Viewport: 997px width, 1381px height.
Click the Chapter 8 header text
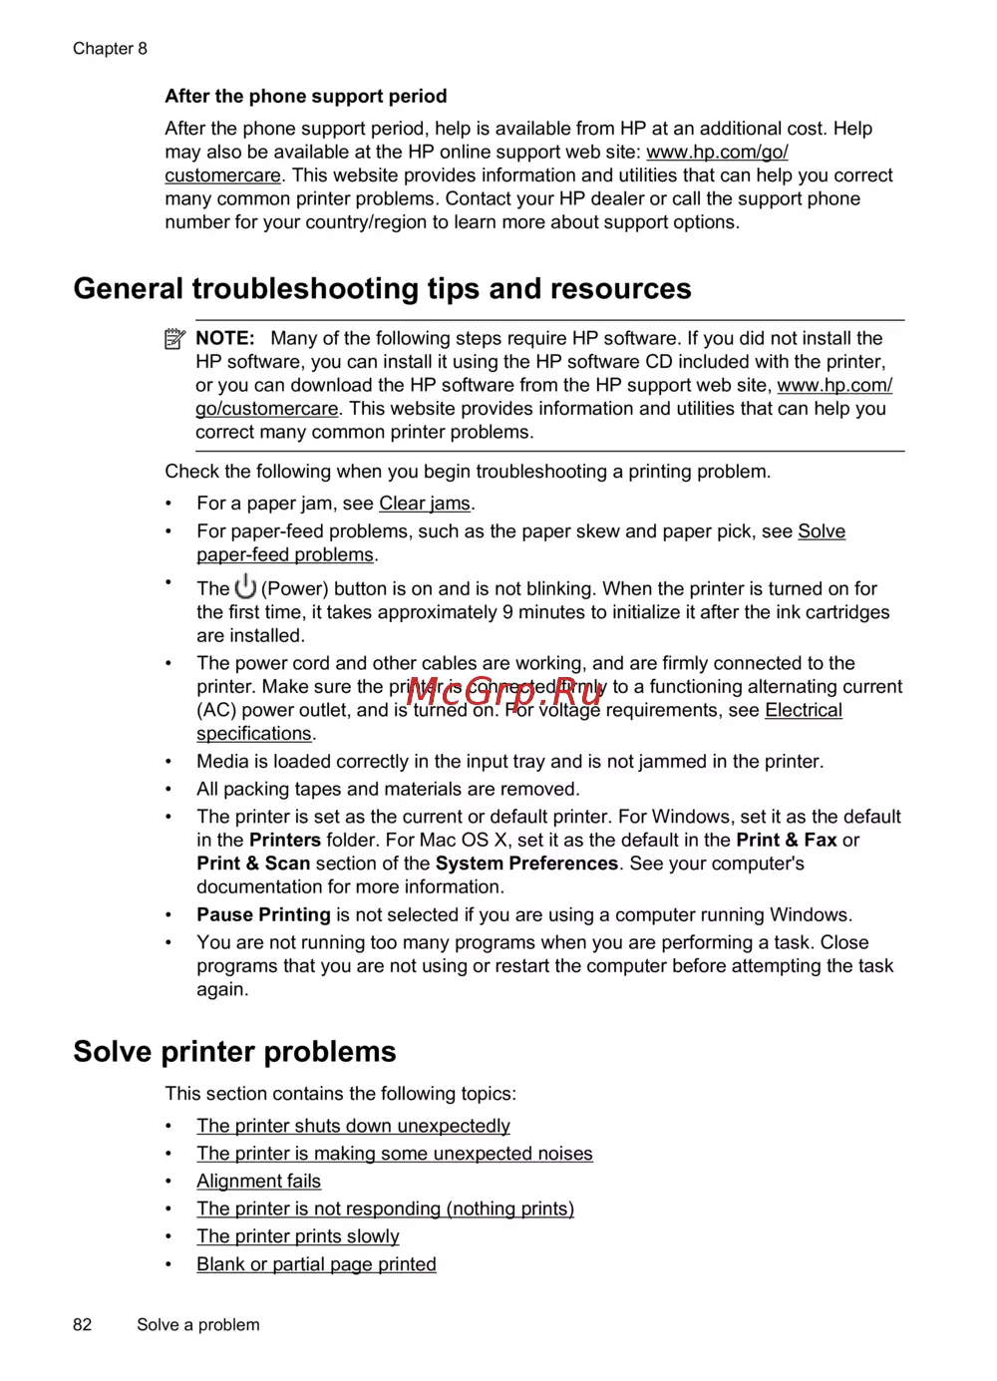point(110,48)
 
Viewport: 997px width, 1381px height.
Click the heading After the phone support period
point(305,96)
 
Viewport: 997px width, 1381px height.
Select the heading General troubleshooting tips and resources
point(382,288)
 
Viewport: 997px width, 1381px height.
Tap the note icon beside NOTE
point(174,339)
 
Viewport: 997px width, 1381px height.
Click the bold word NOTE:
point(225,338)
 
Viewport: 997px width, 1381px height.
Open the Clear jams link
point(424,504)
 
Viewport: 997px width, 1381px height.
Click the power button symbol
point(245,586)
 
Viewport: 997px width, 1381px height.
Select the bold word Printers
point(285,840)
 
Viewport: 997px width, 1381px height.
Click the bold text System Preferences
point(526,863)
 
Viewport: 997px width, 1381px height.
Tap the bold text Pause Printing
point(263,914)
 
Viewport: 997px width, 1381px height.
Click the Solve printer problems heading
point(234,1051)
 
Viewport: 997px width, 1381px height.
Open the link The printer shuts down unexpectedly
point(353,1126)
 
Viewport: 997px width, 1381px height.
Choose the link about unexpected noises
point(394,1154)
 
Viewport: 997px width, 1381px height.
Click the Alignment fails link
point(258,1182)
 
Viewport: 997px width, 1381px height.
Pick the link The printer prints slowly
point(297,1236)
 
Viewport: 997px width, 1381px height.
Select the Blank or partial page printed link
point(316,1264)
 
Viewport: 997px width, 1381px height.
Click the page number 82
point(82,1324)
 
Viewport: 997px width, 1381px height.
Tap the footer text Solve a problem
point(197,1324)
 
